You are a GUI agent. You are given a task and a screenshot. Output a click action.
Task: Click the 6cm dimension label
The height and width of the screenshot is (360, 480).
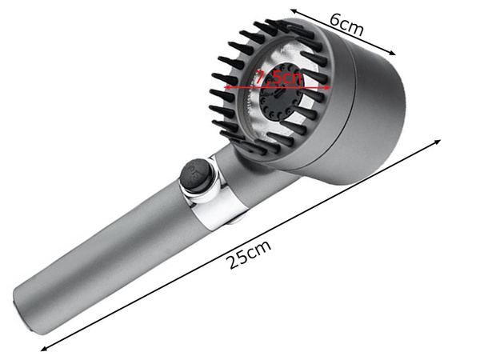(x=346, y=26)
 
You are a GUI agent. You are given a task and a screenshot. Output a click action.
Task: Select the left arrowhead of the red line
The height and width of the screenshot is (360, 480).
(x=226, y=86)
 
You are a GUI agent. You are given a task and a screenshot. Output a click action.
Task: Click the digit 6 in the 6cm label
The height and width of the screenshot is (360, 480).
(x=335, y=22)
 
